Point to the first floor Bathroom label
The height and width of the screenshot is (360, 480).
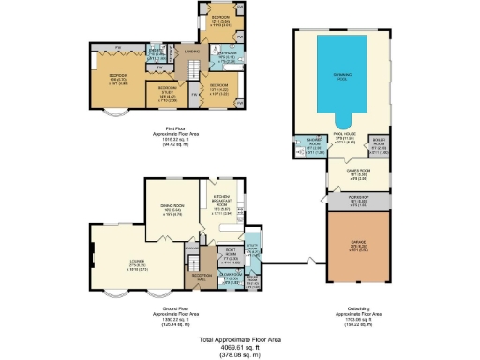point(227,54)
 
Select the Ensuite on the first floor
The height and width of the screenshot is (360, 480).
point(159,53)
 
